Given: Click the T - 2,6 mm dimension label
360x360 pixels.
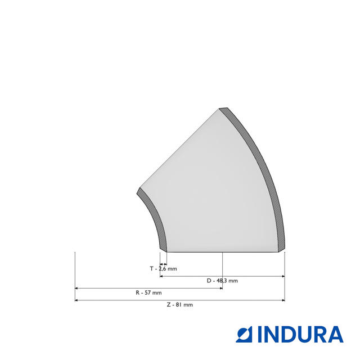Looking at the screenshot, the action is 163,269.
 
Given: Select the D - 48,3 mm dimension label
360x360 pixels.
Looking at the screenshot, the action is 222,281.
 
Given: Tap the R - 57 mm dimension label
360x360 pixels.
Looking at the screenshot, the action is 148,292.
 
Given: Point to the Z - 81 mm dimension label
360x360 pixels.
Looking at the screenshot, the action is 180,305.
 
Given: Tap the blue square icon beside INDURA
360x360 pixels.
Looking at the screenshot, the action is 244,334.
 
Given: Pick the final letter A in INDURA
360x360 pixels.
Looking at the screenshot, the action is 335,334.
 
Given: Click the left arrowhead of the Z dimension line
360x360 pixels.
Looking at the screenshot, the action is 76,300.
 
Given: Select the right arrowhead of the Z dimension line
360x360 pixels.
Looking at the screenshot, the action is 283,300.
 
